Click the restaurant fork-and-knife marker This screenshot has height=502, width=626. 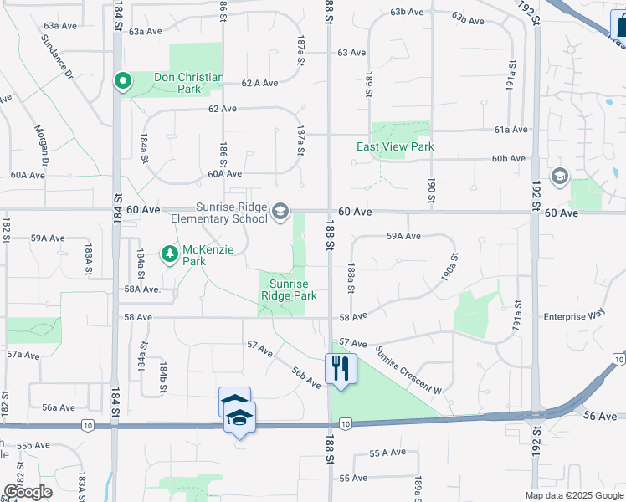point(340,368)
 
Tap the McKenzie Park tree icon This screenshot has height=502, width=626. point(169,252)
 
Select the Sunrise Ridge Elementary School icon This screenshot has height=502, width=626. point(280,211)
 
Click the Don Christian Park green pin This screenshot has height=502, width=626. point(122,81)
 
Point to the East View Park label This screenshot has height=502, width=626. point(395,146)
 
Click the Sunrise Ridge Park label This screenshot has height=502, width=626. point(289,289)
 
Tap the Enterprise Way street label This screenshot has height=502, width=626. point(573,315)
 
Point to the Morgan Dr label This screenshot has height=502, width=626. point(41,146)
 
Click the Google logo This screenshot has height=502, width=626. point(28,492)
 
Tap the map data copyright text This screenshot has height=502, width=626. point(574,495)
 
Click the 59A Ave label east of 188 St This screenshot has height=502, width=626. point(403,237)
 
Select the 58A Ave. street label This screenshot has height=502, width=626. point(142,289)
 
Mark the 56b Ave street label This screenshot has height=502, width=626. point(306,377)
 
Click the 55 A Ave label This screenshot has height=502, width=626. point(387,453)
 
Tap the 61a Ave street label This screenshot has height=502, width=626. point(511,130)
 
